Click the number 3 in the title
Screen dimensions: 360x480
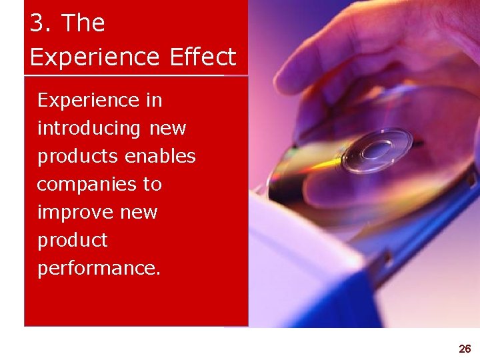pos(39,23)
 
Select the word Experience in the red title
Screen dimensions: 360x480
pos(96,57)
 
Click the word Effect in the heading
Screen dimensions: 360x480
pos(203,57)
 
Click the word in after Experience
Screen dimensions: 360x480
pos(153,101)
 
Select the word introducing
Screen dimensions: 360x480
pos(89,129)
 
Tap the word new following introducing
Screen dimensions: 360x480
pos(168,128)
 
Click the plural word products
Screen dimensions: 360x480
pos(79,157)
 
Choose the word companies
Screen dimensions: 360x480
pos(82,185)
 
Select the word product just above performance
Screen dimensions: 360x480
pos(72,241)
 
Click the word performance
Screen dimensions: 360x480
pos(99,269)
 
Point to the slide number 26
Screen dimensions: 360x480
pos(465,349)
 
